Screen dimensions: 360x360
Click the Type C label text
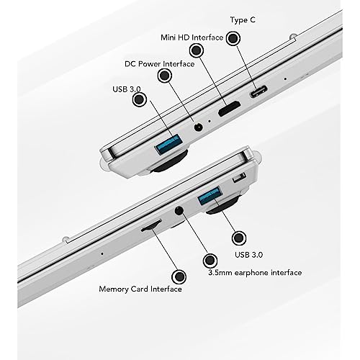click(243, 20)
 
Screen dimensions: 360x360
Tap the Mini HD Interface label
click(192, 37)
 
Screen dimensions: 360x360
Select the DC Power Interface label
click(160, 64)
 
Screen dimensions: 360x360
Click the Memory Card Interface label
click(140, 289)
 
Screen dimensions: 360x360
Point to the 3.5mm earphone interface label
click(255, 273)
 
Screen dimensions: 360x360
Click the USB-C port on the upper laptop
click(258, 91)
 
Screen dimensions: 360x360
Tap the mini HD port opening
click(229, 109)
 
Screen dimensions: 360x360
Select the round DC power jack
click(198, 127)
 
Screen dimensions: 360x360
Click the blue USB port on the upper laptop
click(168, 144)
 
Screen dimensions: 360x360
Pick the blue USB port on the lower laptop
click(210, 195)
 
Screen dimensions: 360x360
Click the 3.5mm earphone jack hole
click(179, 211)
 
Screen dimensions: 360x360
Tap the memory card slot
click(150, 225)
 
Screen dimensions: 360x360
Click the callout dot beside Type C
click(233, 38)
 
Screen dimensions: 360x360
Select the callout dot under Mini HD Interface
click(197, 50)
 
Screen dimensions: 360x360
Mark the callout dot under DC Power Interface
click(165, 76)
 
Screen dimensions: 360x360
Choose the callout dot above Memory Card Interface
click(179, 276)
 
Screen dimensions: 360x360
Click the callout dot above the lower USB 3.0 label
click(239, 238)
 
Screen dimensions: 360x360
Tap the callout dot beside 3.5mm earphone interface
click(210, 261)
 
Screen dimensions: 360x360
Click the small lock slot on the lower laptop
click(239, 177)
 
